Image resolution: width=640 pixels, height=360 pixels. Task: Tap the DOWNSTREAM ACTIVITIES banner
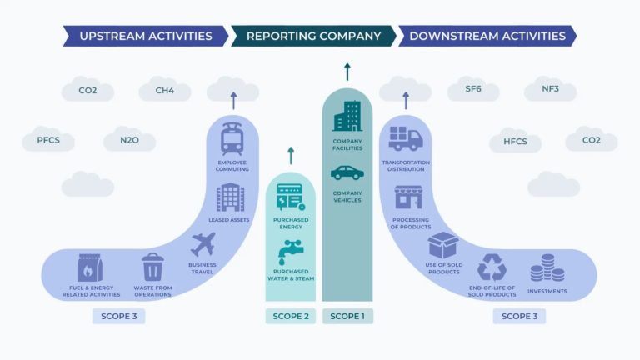pos(487,36)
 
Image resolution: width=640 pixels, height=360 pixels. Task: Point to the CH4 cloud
pos(164,90)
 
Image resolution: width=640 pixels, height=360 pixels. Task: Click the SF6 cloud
pos(473,89)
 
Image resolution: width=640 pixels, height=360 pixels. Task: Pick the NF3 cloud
pos(550,89)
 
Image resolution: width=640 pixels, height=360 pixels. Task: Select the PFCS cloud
pos(47,139)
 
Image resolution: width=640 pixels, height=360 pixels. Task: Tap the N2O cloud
pos(129,139)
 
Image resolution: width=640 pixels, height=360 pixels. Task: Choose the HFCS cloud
pos(515,141)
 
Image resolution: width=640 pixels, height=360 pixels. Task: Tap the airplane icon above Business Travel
pos(203,245)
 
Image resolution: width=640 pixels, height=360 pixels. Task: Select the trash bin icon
pos(152,267)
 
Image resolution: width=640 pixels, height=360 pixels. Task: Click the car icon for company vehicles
pos(347,172)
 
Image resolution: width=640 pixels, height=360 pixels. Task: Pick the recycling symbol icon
pos(491,267)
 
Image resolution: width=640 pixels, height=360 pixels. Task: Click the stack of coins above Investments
pos(547,268)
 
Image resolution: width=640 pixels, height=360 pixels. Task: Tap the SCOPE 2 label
pos(291,316)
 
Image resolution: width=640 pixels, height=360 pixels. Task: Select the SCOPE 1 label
pos(347,316)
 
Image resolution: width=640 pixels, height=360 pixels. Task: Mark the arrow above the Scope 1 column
pos(347,71)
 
